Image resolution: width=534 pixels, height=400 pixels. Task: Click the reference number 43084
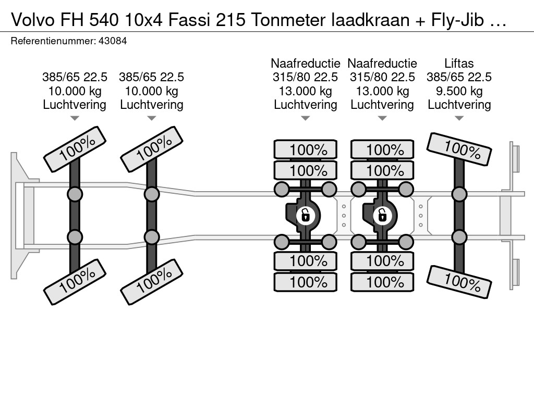pyautogui.click(x=113, y=41)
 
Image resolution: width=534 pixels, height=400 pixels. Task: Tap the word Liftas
pyautogui.click(x=459, y=63)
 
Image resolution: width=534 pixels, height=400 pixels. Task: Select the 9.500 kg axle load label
pyautogui.click(x=459, y=91)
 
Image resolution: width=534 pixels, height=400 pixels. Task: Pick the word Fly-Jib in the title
pyautogui.click(x=458, y=20)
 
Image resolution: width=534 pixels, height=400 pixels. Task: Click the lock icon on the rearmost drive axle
pyautogui.click(x=382, y=216)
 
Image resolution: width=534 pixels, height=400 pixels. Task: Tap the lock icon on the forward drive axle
pyautogui.click(x=305, y=216)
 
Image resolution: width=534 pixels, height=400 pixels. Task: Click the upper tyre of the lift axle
pyautogui.click(x=459, y=149)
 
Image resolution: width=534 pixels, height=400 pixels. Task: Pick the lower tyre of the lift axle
pyautogui.click(x=459, y=282)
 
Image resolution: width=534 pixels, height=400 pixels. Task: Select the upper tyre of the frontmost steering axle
pyautogui.click(x=75, y=149)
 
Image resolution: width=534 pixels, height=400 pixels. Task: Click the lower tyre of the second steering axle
pyautogui.click(x=152, y=282)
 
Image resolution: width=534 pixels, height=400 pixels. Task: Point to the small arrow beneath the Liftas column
pyautogui.click(x=459, y=118)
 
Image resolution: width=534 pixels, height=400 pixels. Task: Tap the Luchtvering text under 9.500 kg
pyautogui.click(x=459, y=105)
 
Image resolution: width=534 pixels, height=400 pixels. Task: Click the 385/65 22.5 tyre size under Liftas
pyautogui.click(x=459, y=77)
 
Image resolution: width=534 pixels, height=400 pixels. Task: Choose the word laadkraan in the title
pyautogui.click(x=370, y=20)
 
